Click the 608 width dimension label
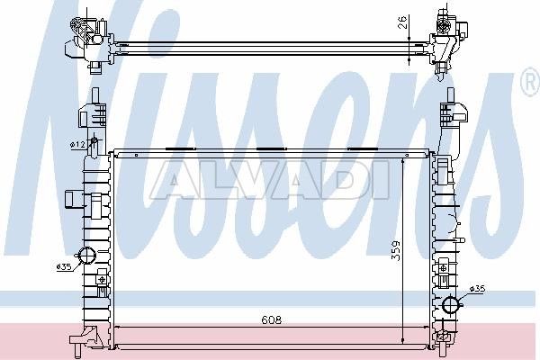272,320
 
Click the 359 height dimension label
396,250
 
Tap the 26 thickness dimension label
403,22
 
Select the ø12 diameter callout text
77,146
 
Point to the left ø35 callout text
63,266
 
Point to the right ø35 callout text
478,289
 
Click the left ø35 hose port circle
86,256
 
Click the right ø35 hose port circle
452,304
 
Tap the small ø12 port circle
94,141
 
